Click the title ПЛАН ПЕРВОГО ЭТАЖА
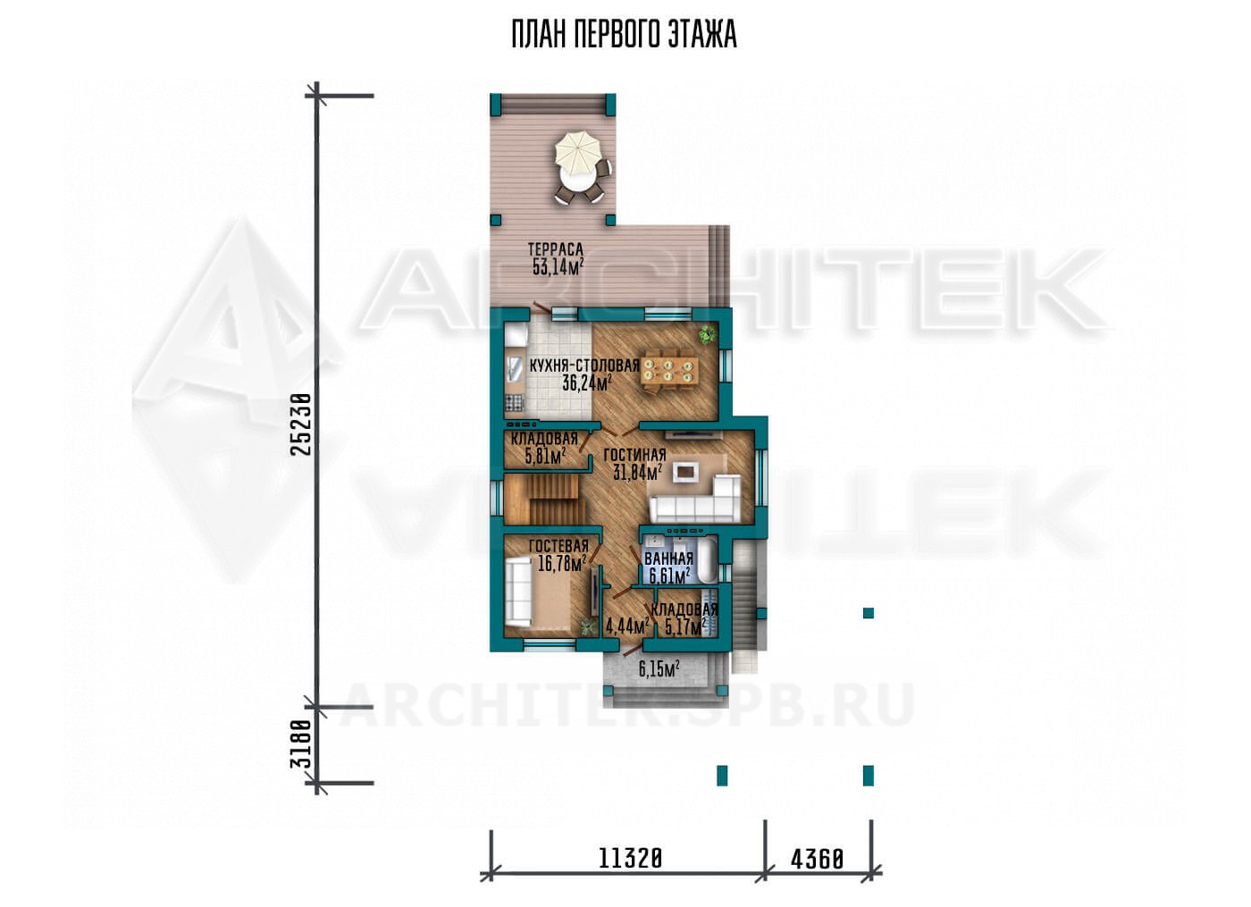(625, 35)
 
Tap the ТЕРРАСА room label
(555, 249)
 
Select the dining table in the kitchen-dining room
(669, 370)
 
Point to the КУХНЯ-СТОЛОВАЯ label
(584, 365)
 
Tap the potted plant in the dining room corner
(707, 334)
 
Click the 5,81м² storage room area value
(546, 457)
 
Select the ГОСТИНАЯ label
(635, 455)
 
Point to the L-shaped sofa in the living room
(695, 499)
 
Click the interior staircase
(545, 499)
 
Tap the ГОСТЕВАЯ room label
(559, 545)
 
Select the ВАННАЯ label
(669, 558)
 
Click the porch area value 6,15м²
(659, 668)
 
